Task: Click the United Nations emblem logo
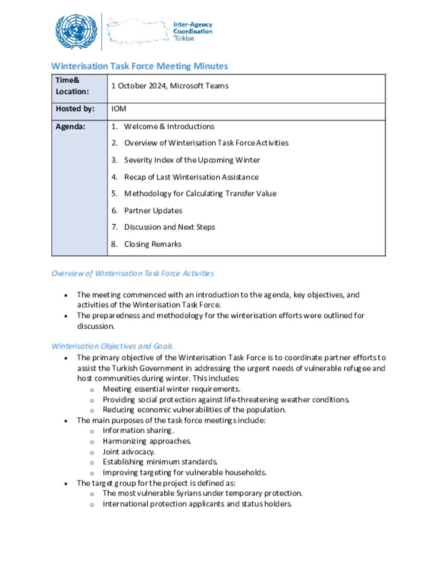(x=76, y=32)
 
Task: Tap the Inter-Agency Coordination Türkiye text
(x=192, y=32)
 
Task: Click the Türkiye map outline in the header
(x=137, y=31)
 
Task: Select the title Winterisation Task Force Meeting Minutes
(x=140, y=66)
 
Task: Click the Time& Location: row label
(x=72, y=86)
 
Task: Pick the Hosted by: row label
(x=75, y=109)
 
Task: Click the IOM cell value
(x=119, y=109)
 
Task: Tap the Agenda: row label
(x=70, y=127)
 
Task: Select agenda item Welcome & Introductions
(x=169, y=127)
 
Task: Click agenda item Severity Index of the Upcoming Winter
(x=192, y=160)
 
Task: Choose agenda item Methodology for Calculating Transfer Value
(x=200, y=194)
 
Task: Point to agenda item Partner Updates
(x=153, y=211)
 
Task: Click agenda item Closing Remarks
(x=152, y=244)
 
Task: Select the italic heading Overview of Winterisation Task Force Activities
(x=132, y=273)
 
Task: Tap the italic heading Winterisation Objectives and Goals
(x=112, y=346)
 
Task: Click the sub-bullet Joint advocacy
(x=128, y=452)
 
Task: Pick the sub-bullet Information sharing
(x=138, y=431)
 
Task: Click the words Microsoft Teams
(x=199, y=86)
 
